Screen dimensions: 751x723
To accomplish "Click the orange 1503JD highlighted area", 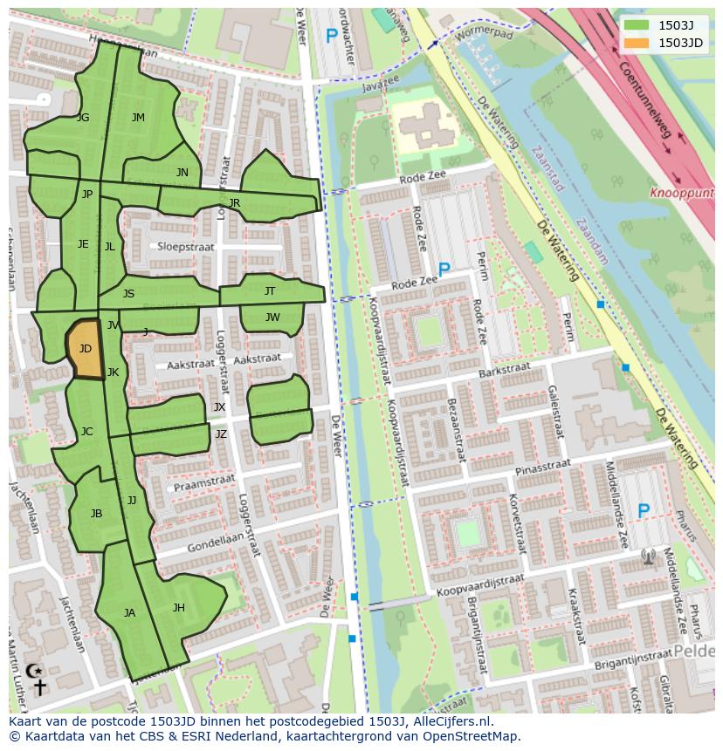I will [x=85, y=349].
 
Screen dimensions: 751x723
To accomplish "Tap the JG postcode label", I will [x=83, y=118].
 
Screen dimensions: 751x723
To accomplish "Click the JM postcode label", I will [x=138, y=118].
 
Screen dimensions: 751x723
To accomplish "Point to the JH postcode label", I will [x=178, y=608].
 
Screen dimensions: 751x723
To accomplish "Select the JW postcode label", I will [x=272, y=317].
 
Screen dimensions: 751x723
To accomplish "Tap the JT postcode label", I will [x=270, y=291].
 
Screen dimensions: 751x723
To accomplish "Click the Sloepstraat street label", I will [x=186, y=247].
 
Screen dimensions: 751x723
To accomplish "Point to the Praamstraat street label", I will [x=204, y=482].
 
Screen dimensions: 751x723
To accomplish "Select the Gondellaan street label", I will [x=211, y=543].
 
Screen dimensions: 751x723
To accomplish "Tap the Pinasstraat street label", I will [x=542, y=469].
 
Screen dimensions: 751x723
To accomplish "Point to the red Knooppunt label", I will [x=682, y=193].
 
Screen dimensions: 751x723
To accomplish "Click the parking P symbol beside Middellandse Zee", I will [x=644, y=511].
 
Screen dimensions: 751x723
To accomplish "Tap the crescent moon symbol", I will [x=34, y=671].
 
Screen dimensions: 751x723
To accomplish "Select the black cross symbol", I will [x=40, y=688].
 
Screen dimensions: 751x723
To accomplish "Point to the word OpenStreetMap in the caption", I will [x=471, y=736].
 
